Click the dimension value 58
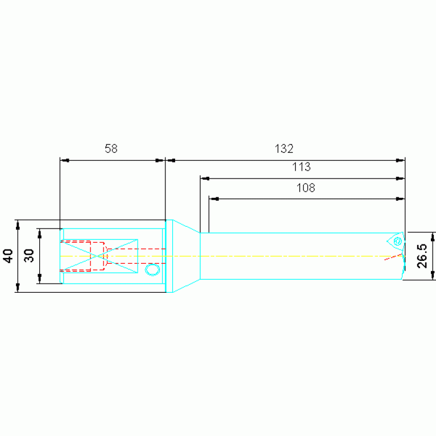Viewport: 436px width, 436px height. [111, 148]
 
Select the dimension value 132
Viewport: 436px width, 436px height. [284, 148]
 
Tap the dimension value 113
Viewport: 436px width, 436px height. [301, 167]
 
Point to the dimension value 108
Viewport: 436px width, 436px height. [306, 188]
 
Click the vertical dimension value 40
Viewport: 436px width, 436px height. [8, 256]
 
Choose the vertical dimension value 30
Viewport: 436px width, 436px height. [29, 256]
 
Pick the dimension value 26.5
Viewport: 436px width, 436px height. [422, 256]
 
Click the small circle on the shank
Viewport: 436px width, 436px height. [152, 269]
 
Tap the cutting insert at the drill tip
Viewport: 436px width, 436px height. [396, 242]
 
